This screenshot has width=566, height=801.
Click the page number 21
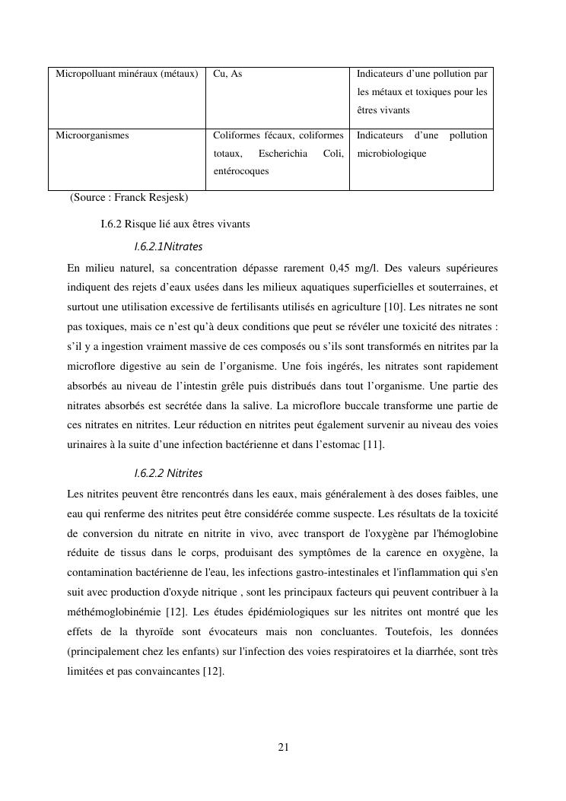(x=283, y=747)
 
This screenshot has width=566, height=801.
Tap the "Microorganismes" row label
(x=92, y=135)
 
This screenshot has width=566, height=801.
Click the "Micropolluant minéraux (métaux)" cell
(x=126, y=74)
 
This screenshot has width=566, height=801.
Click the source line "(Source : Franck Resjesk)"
(x=129, y=198)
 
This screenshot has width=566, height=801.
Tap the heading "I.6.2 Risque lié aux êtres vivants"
(x=175, y=224)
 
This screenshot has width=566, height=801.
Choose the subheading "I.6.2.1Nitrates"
(x=168, y=246)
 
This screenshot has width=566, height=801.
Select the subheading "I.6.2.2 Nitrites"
(x=168, y=473)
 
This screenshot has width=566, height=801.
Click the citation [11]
(x=373, y=444)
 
